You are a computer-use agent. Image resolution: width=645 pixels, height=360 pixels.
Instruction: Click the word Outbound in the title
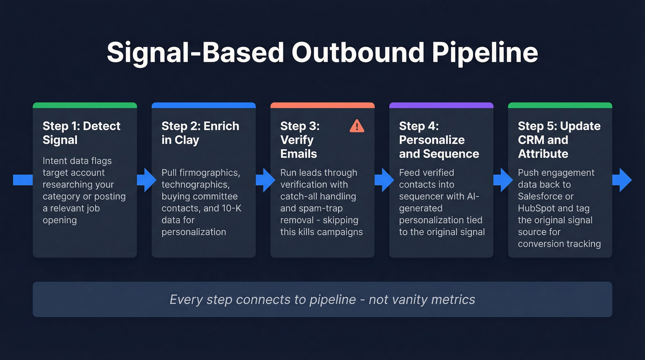pyautogui.click(x=357, y=53)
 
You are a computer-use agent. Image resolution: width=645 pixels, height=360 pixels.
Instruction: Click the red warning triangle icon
pyautogui.click(x=357, y=126)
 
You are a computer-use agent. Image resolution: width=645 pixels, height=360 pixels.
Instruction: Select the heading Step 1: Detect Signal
pyautogui.click(x=82, y=133)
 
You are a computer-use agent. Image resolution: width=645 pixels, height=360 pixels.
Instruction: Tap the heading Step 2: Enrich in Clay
pyautogui.click(x=200, y=133)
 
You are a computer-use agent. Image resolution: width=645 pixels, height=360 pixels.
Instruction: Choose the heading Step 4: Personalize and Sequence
pyautogui.click(x=439, y=140)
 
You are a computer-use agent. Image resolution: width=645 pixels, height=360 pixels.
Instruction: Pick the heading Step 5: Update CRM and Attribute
pyautogui.click(x=559, y=140)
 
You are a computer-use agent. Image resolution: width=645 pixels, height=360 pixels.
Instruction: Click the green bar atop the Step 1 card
pyautogui.click(x=85, y=105)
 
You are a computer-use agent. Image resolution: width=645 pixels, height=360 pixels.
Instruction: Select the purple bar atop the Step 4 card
pyautogui.click(x=441, y=105)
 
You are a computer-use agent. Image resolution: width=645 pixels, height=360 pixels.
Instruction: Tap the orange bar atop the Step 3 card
pyautogui.click(x=322, y=105)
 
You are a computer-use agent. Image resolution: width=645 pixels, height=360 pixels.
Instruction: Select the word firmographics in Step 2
pyautogui.click(x=209, y=173)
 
